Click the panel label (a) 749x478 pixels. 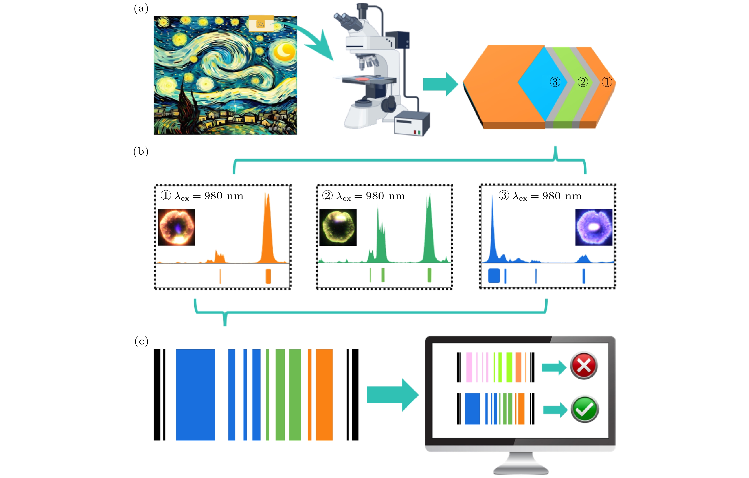point(141,9)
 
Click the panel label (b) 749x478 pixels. point(141,152)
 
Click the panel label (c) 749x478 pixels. point(141,341)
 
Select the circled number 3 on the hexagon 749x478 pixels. point(555,82)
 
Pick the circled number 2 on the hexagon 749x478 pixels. point(583,82)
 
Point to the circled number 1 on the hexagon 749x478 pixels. point(607,82)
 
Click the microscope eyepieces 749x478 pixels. point(347,19)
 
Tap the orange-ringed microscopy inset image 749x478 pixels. point(177,227)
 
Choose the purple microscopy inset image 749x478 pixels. point(593,227)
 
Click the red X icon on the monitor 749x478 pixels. point(584,366)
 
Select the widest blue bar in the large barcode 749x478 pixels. point(195,395)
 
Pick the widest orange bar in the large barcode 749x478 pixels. point(324,395)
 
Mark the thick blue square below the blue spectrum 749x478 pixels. point(494,275)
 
